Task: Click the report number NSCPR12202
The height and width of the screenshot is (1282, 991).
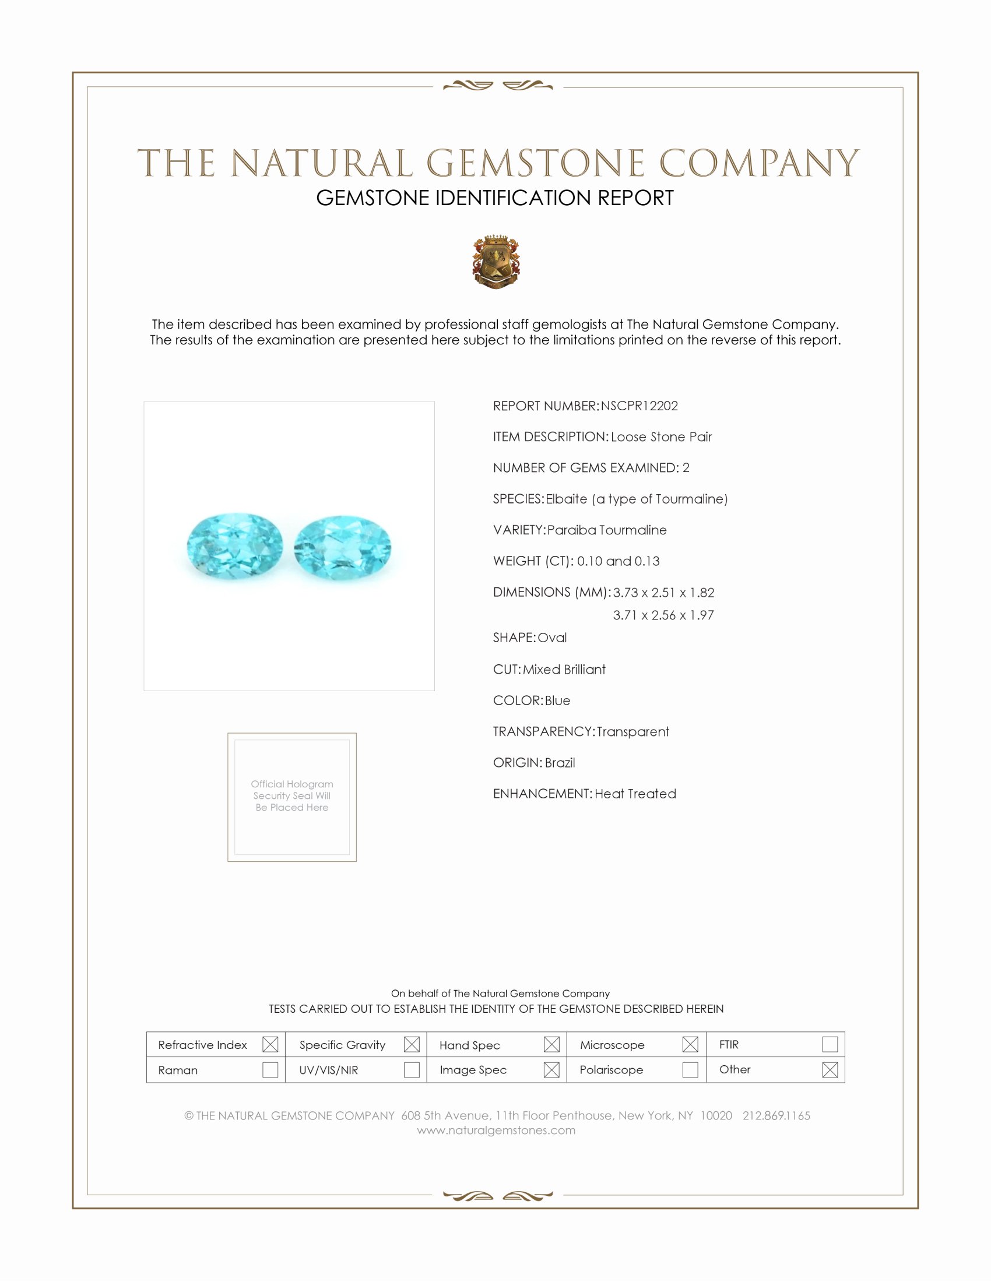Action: [x=639, y=406]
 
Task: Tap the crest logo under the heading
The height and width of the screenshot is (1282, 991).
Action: [x=496, y=262]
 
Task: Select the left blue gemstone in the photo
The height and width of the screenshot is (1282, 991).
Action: [x=235, y=545]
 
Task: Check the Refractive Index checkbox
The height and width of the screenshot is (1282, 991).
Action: [x=270, y=1044]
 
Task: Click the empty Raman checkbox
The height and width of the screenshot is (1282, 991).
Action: [x=270, y=1069]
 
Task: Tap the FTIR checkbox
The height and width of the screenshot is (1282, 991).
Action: [x=830, y=1044]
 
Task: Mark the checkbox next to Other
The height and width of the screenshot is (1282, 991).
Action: [x=830, y=1069]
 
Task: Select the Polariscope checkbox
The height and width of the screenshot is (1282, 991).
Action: [x=690, y=1069]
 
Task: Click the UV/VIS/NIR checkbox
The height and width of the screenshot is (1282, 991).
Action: [x=412, y=1069]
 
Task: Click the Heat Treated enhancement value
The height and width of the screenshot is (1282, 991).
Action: [x=635, y=794]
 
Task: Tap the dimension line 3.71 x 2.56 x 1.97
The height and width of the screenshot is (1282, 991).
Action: [x=663, y=615]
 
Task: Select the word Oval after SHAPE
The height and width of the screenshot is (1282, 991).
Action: [x=552, y=638]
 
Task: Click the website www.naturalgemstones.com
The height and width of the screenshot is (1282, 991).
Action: [x=496, y=1130]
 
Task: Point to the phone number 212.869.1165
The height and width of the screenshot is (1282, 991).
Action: [x=776, y=1115]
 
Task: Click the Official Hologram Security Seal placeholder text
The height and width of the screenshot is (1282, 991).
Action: [x=292, y=795]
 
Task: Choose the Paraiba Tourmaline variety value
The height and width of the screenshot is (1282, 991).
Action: [x=606, y=530]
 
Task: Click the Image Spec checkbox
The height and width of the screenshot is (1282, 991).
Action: [x=551, y=1069]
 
